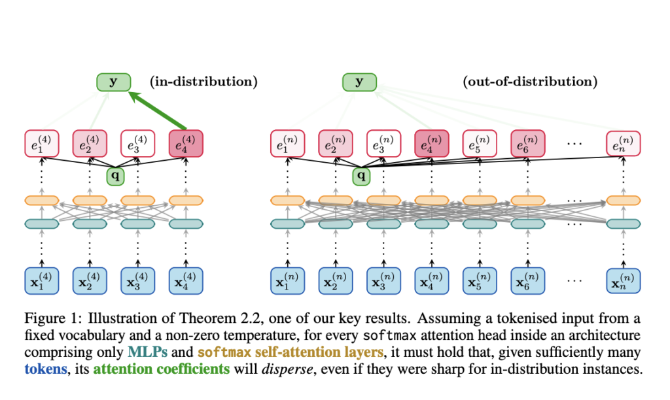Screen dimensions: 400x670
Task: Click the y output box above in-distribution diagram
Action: pyautogui.click(x=114, y=82)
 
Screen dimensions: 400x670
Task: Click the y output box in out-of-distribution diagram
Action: pyautogui.click(x=359, y=82)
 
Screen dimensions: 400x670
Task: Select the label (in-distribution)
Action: pyautogui.click(x=203, y=82)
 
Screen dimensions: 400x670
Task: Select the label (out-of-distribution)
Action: pyautogui.click(x=529, y=82)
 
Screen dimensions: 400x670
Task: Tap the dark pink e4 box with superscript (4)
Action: pyautogui.click(x=186, y=144)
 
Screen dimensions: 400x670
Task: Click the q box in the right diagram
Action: pyautogui.click(x=359, y=175)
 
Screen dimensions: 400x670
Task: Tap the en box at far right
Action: pyautogui.click(x=623, y=144)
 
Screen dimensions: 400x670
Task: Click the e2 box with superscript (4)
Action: pyautogui.click(x=90, y=144)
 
